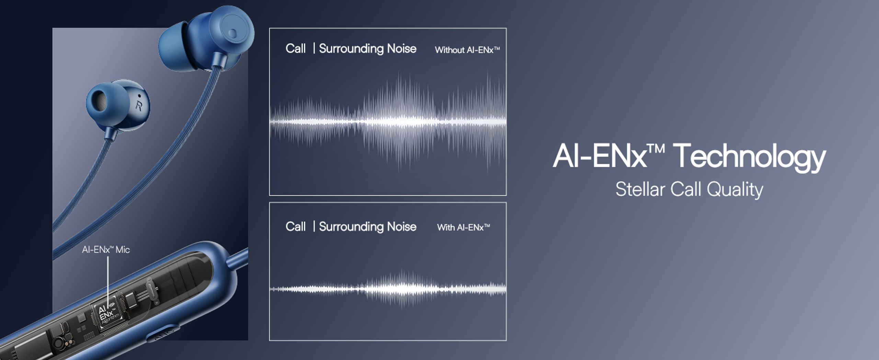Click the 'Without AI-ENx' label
point(467,50)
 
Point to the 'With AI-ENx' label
point(464,227)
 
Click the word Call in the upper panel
point(295,48)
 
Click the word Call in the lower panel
point(295,227)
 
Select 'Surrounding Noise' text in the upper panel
point(368,49)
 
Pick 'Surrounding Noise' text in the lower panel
point(368,227)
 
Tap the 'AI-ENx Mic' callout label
point(106,249)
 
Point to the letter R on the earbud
point(139,105)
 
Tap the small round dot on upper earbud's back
point(232,34)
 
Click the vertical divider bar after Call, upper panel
point(314,48)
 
